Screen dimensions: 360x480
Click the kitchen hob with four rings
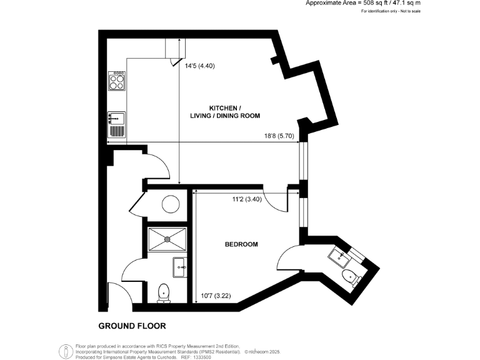117,81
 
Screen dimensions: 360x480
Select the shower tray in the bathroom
167,238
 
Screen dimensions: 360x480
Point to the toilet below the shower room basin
164,291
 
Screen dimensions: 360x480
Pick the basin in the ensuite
339,255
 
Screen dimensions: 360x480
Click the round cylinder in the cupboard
171,204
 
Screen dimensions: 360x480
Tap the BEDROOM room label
241,244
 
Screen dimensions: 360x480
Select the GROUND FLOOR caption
132,326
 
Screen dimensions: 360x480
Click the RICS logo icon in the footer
64,351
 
